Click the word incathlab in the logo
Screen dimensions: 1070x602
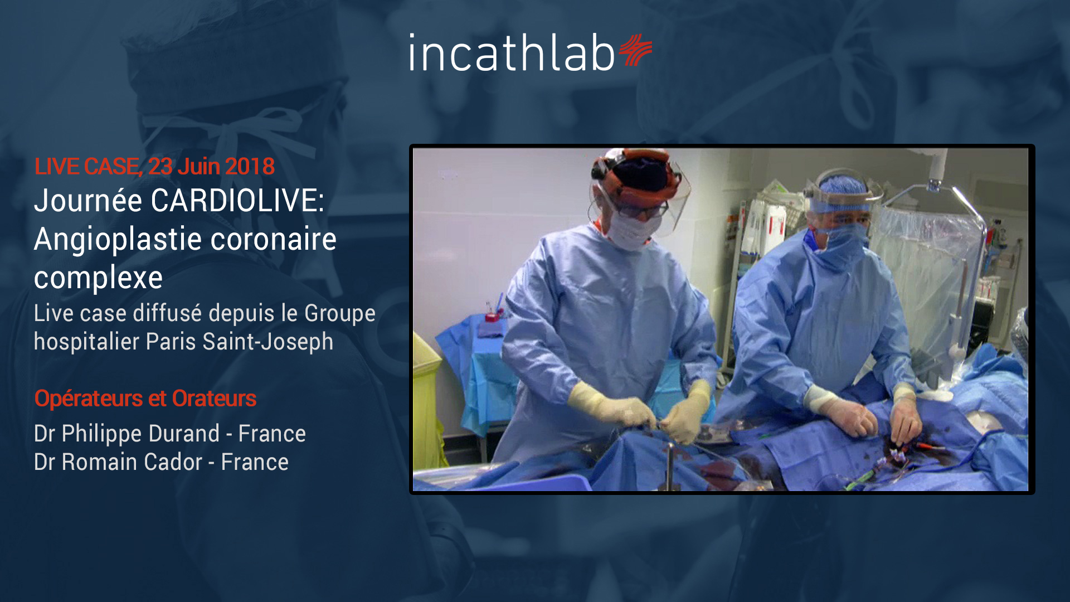512,52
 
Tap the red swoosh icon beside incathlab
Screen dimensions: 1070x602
635,50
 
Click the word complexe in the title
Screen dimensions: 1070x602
98,278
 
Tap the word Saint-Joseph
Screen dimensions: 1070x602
267,342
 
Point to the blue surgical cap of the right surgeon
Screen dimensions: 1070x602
842,192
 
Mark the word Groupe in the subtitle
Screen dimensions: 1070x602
340,314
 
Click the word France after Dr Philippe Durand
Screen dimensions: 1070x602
272,434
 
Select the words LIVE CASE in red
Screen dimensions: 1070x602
87,167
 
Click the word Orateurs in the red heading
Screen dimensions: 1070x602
214,399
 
